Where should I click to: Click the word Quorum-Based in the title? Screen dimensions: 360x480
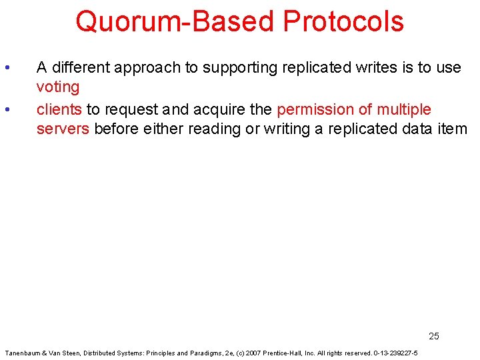click(175, 21)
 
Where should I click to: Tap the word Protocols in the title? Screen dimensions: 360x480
click(343, 21)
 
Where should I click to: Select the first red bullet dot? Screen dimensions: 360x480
click(7, 67)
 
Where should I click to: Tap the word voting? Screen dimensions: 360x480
click(58, 87)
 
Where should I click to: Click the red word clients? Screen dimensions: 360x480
click(59, 109)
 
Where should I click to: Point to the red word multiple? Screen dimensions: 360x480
click(404, 109)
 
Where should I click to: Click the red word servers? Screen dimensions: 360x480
click(63, 129)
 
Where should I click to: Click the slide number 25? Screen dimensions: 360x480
click(434, 336)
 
